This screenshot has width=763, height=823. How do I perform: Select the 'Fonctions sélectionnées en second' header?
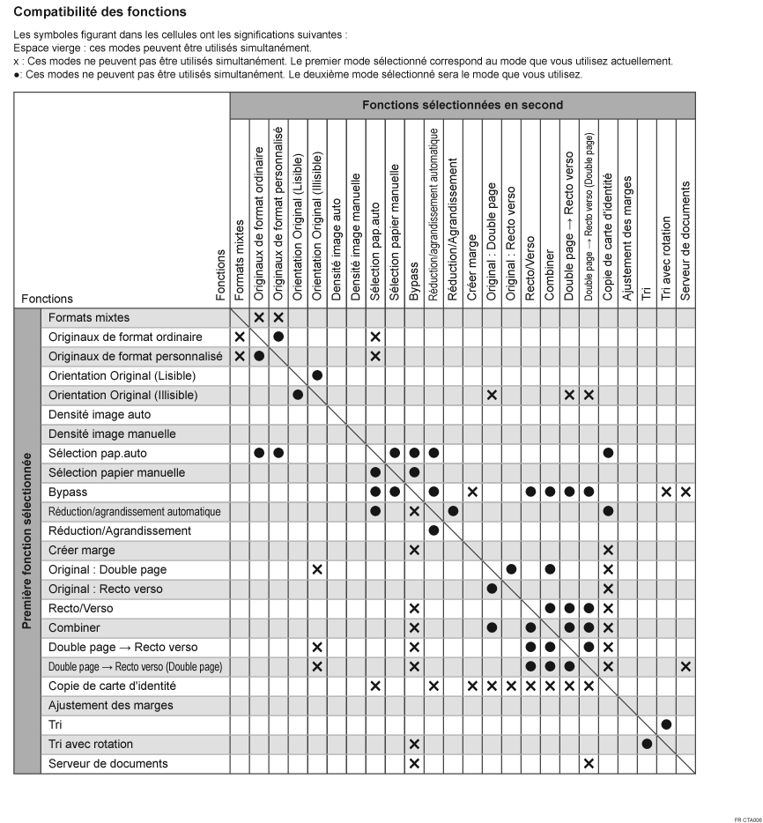coord(463,105)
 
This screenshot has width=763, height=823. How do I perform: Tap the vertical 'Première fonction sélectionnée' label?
coord(27,541)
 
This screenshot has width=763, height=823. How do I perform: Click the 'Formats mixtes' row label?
coord(89,316)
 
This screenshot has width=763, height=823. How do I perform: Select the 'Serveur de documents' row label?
coord(107,763)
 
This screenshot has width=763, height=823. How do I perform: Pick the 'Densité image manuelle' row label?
coord(100,434)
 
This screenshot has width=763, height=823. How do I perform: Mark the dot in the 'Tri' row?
coord(666,724)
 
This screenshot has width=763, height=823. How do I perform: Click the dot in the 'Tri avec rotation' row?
coord(647,744)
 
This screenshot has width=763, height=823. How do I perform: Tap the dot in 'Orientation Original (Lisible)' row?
coord(317,375)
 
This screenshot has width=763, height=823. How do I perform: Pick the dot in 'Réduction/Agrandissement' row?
coord(433,530)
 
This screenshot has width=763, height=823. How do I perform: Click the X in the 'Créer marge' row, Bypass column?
coord(414,550)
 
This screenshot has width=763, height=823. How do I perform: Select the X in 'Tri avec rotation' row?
coord(414,744)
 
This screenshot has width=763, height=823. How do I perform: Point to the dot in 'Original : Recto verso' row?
coord(492,589)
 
